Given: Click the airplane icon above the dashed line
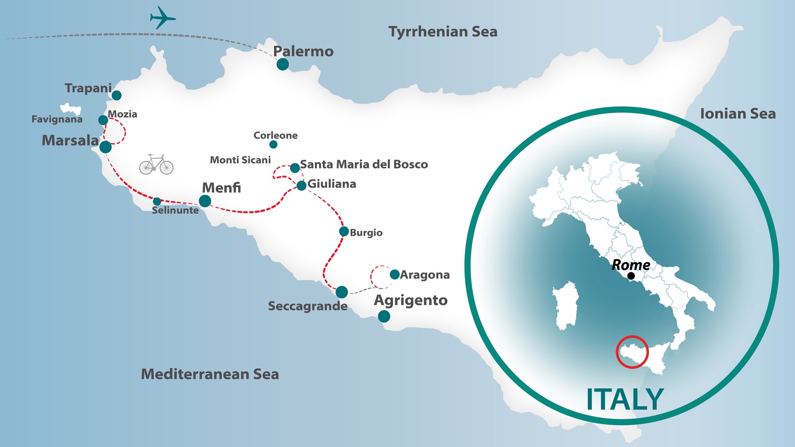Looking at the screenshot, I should (x=162, y=17).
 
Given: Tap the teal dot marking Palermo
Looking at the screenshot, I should (x=283, y=64).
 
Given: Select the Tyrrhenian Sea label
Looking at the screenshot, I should (x=443, y=32).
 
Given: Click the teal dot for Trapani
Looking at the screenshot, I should (x=116, y=95).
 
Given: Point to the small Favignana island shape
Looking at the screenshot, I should (x=71, y=109).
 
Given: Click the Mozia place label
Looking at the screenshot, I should (x=122, y=114).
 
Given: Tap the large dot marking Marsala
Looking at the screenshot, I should (x=105, y=147).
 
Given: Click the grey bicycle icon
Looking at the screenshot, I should (x=156, y=165).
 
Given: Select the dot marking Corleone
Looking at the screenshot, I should (x=273, y=145).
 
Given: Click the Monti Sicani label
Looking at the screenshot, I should (x=240, y=160).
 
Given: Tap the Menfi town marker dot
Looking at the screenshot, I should (x=205, y=201).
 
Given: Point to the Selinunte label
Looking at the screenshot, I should (x=175, y=210).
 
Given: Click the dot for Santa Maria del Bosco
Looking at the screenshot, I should (x=295, y=168).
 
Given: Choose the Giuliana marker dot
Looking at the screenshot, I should (x=302, y=186).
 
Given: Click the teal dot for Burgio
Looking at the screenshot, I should (x=344, y=232).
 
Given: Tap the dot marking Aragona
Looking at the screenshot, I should (x=395, y=275).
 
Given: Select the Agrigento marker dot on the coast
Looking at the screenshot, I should (x=384, y=316).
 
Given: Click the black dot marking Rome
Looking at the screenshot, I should (x=631, y=276).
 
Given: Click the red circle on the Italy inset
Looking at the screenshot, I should (x=632, y=352).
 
